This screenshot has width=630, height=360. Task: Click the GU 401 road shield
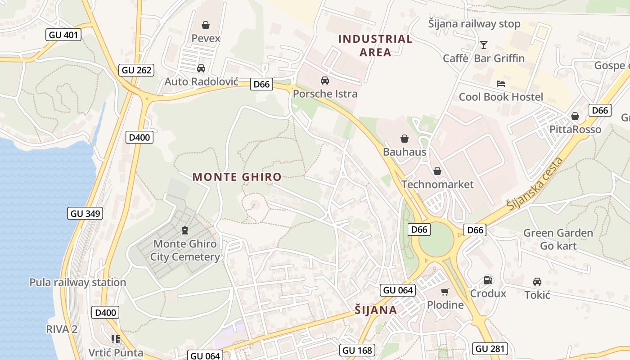(x=63, y=35)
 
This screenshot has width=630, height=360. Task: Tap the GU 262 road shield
(x=137, y=70)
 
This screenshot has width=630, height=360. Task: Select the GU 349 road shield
(x=85, y=213)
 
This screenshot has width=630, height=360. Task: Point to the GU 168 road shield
(x=358, y=350)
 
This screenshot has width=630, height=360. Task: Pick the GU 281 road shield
(x=490, y=348)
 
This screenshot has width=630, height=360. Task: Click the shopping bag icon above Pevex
(x=206, y=25)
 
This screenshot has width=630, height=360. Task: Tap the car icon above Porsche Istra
(x=324, y=81)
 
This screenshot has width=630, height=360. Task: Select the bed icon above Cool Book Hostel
(x=501, y=84)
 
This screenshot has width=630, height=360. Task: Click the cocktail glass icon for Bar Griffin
(x=484, y=45)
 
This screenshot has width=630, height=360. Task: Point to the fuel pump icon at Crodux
(x=488, y=280)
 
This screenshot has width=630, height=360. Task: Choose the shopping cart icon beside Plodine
(x=445, y=292)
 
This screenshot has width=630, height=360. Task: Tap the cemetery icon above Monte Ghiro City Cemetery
(x=184, y=231)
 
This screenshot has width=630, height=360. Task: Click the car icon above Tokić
(x=537, y=282)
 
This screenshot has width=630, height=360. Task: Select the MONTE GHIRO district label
(x=237, y=177)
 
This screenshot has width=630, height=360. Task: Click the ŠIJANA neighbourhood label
(x=376, y=310)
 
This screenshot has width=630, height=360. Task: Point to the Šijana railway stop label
(x=474, y=24)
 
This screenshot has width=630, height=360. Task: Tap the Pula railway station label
(x=77, y=283)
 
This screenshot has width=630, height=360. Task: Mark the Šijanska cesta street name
(x=534, y=184)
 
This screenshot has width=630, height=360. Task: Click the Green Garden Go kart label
(x=558, y=239)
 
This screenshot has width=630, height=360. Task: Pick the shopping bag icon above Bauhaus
(x=405, y=139)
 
